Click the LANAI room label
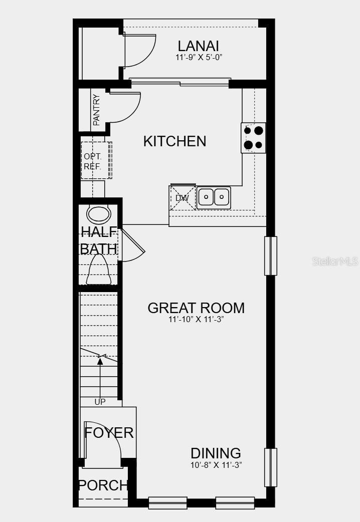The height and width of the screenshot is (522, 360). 199,46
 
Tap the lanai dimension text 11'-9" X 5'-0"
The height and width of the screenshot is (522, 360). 199,58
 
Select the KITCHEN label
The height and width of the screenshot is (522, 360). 174,141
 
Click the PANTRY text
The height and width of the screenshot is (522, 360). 96,110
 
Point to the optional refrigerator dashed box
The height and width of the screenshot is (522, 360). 96,160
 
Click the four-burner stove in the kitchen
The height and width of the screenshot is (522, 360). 253,138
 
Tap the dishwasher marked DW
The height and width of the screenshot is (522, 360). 183,197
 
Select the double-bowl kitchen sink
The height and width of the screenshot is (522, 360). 214,197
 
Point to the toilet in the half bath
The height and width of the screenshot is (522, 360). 99,270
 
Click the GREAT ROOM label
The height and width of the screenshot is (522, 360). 196,308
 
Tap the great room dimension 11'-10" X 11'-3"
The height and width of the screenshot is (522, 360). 196,319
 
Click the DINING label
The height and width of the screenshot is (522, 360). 216,453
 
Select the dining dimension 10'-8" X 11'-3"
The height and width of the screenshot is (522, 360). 216,465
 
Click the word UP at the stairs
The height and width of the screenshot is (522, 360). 100,402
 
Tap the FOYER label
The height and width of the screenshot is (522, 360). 109,433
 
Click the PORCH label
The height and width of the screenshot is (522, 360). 103,485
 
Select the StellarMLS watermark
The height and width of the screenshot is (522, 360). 335,262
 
